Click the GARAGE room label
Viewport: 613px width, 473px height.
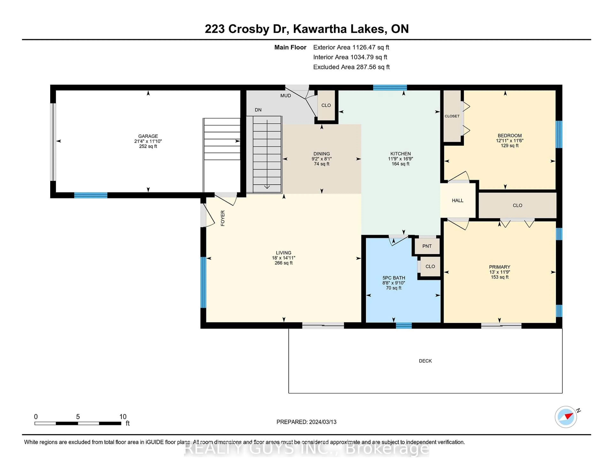point(148,136)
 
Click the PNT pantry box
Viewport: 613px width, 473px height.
point(427,246)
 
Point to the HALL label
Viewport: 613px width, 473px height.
point(458,200)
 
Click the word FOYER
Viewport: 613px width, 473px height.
point(223,218)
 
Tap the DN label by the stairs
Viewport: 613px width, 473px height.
point(258,110)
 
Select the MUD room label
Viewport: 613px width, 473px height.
point(285,96)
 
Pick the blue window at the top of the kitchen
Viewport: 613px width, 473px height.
point(390,87)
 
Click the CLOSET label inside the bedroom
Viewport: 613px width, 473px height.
point(452,116)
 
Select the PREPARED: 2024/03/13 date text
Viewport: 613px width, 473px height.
point(306,422)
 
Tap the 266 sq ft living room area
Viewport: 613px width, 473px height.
point(284,263)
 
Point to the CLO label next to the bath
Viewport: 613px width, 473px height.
point(430,266)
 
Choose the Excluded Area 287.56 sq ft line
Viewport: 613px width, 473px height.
point(351,67)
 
